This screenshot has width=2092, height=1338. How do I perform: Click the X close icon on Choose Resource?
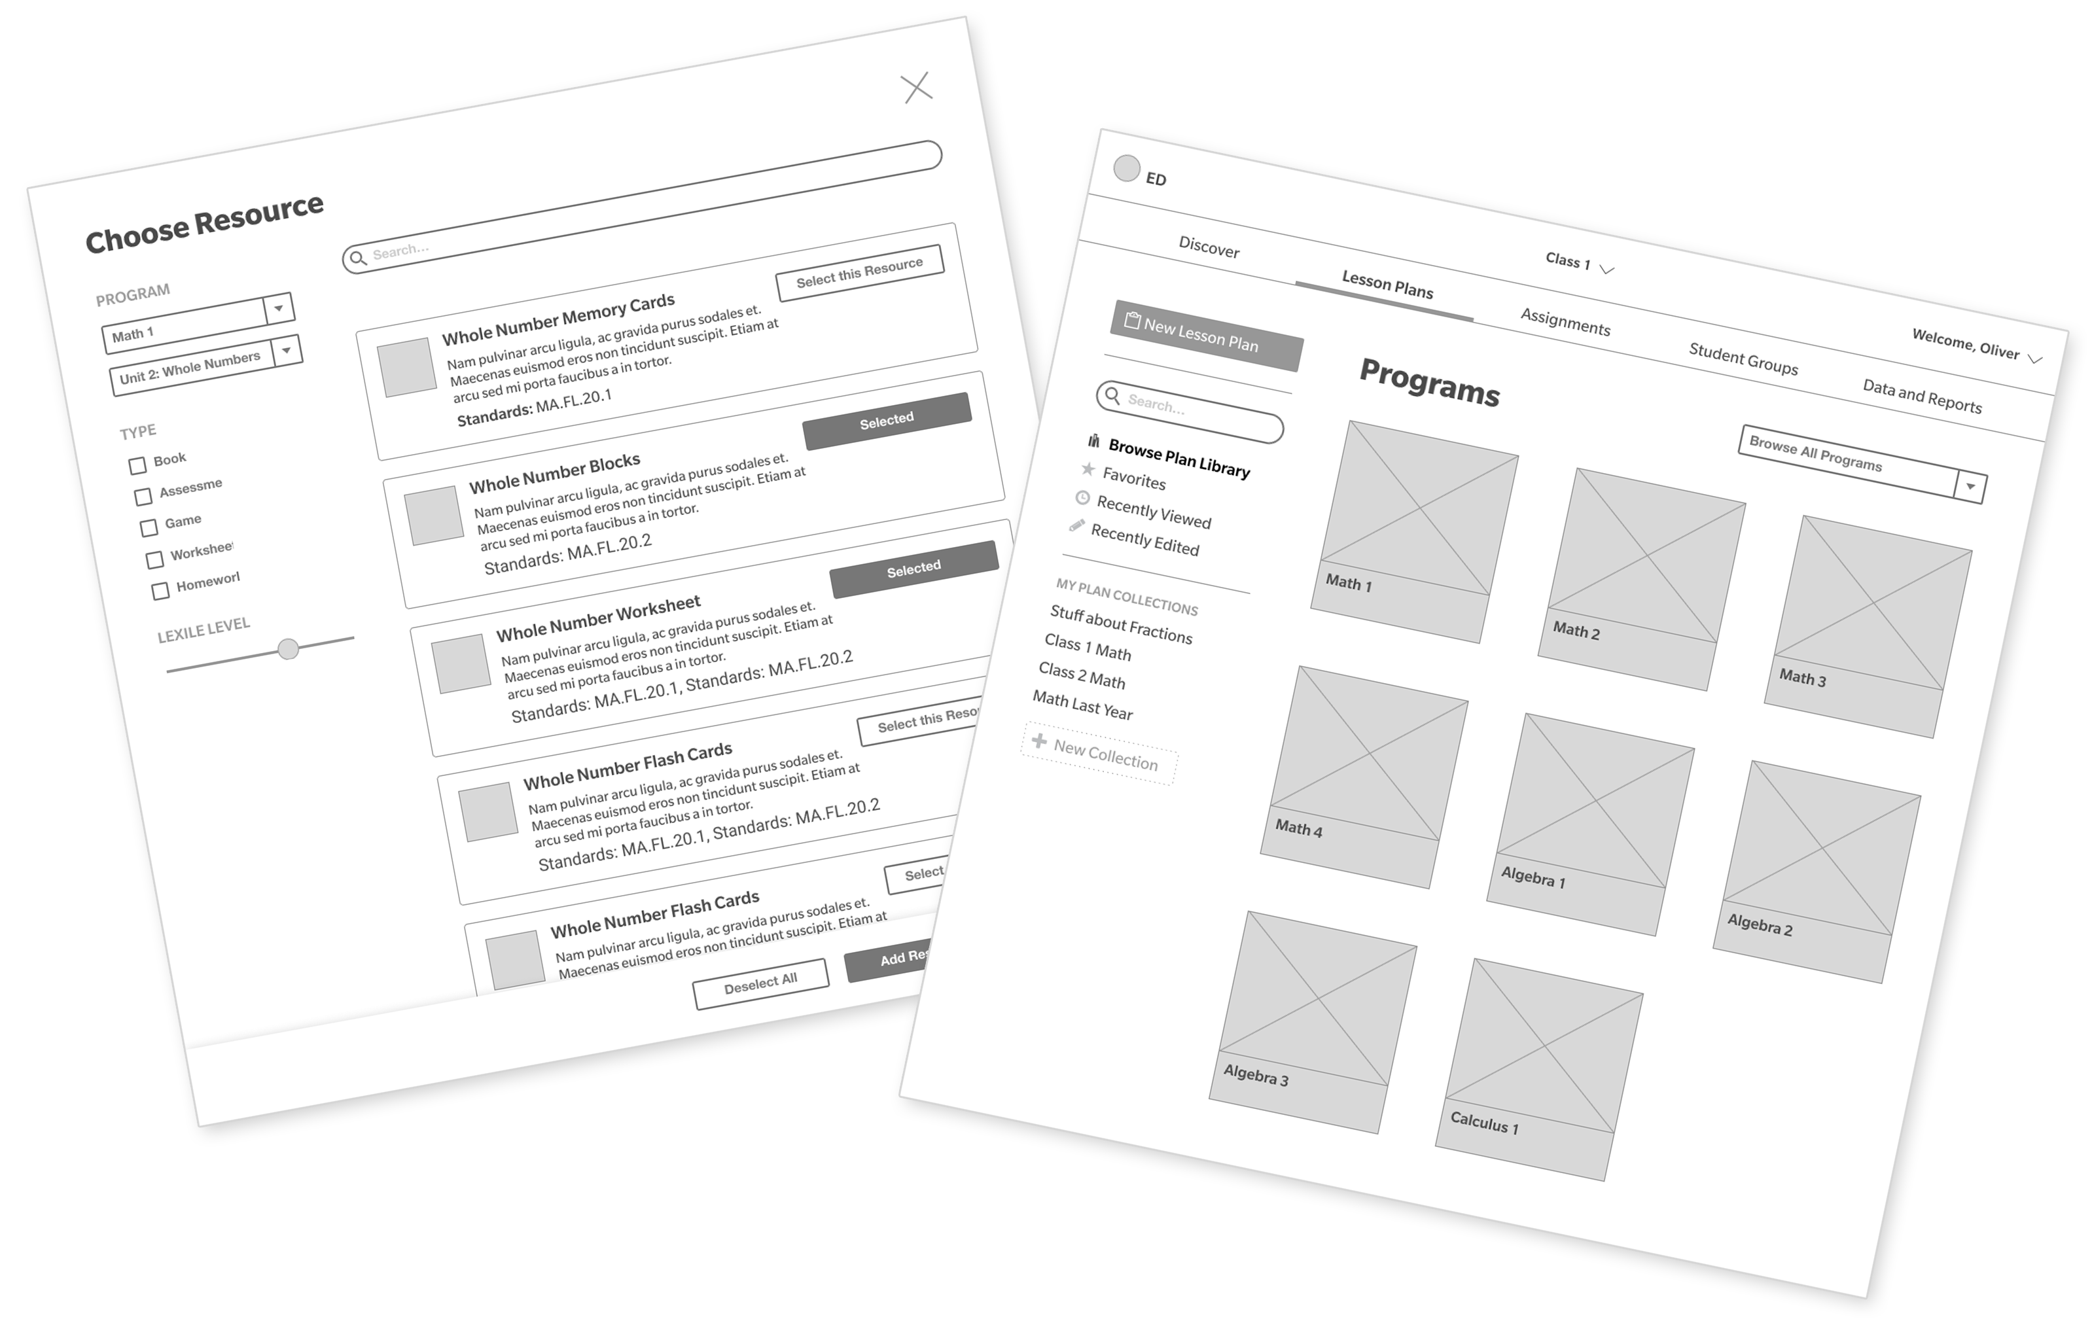(x=917, y=88)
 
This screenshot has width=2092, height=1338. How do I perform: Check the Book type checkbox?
(x=137, y=466)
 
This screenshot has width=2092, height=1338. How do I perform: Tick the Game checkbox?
(x=149, y=527)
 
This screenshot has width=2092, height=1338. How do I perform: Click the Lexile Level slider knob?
(x=289, y=648)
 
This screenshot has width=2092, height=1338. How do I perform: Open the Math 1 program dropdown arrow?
(x=279, y=308)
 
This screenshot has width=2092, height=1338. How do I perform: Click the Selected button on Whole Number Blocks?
(x=886, y=421)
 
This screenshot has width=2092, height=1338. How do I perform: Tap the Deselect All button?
(x=760, y=983)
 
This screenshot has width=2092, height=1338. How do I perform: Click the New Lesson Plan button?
(x=1206, y=336)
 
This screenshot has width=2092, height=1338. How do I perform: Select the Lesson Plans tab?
(x=1387, y=284)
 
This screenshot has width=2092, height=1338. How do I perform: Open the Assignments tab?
(x=1565, y=321)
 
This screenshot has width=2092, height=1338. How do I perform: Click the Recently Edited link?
(x=1144, y=540)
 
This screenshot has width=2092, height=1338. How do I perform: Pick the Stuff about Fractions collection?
(x=1121, y=624)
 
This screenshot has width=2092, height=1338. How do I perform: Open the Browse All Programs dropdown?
(x=1970, y=487)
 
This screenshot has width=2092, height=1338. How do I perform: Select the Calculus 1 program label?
(x=1484, y=1123)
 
